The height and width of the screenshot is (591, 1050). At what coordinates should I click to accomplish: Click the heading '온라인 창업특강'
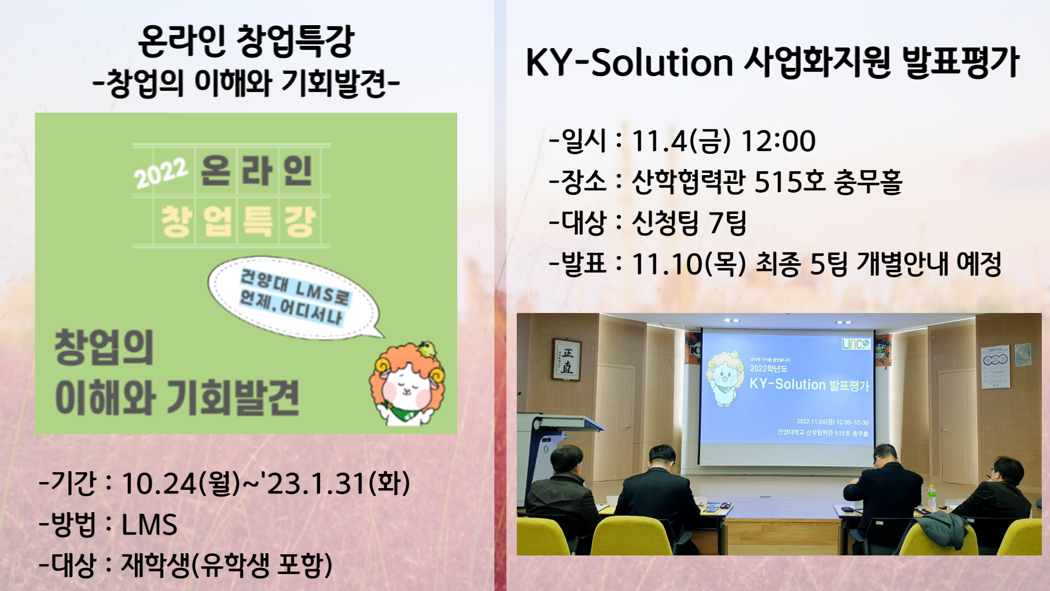click(x=246, y=42)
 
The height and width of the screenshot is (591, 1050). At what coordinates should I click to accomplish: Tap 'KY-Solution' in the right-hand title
click(x=629, y=62)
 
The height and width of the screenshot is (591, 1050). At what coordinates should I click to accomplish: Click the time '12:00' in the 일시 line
click(x=778, y=141)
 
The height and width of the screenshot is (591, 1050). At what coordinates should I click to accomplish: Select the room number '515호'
click(x=790, y=182)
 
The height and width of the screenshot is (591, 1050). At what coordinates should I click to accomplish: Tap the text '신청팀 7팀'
click(x=689, y=223)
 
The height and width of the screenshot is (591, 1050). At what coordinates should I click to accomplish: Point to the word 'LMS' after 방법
click(x=149, y=525)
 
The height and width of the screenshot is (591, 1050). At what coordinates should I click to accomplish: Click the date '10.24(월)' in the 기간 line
click(x=181, y=484)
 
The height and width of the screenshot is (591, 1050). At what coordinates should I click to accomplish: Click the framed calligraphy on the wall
click(x=567, y=360)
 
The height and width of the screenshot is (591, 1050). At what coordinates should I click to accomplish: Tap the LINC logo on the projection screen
click(x=855, y=344)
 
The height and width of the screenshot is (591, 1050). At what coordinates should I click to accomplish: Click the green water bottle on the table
click(x=931, y=497)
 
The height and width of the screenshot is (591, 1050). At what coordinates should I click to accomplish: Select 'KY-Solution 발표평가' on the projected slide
click(x=809, y=384)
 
